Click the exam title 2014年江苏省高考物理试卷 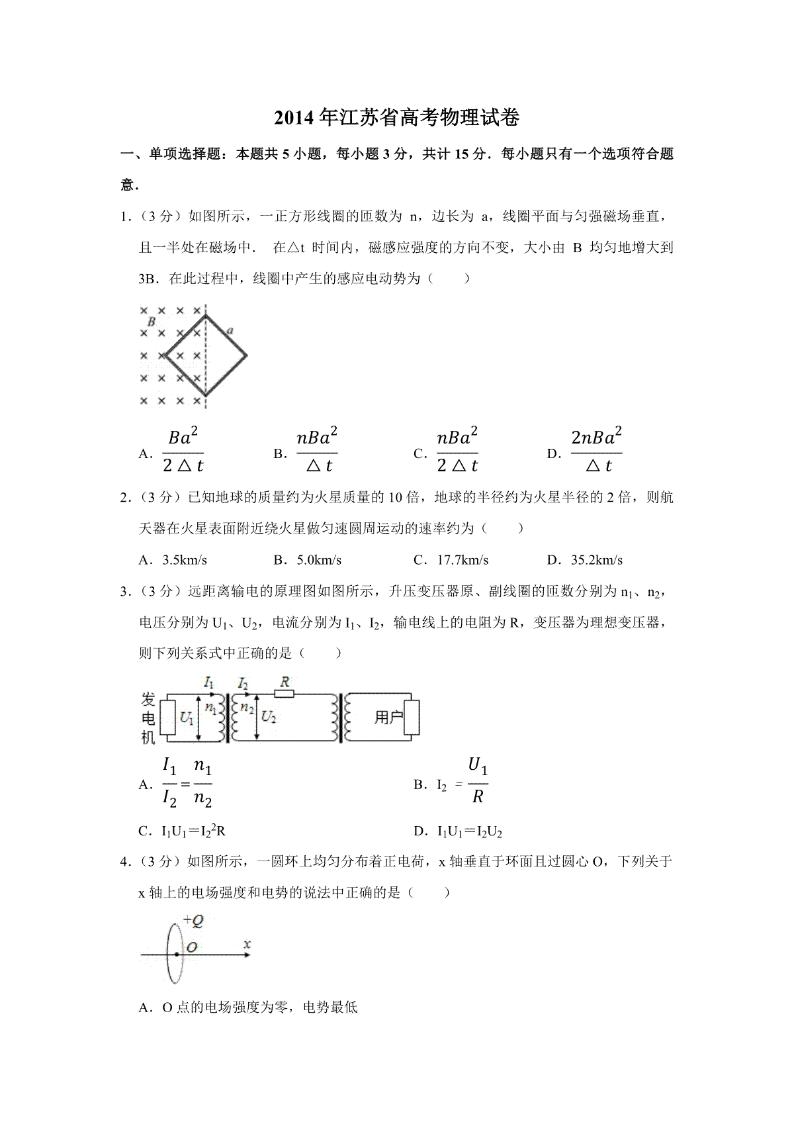397,118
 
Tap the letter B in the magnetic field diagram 152,322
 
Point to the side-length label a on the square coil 230,330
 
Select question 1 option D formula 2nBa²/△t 595,451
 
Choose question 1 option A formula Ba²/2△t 183,451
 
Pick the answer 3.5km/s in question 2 185,560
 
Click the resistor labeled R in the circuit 285,693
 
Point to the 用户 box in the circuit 388,718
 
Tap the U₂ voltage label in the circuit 269,717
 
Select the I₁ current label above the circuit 209,682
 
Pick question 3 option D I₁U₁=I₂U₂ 470,831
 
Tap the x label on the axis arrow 247,944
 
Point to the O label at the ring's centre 192,947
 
